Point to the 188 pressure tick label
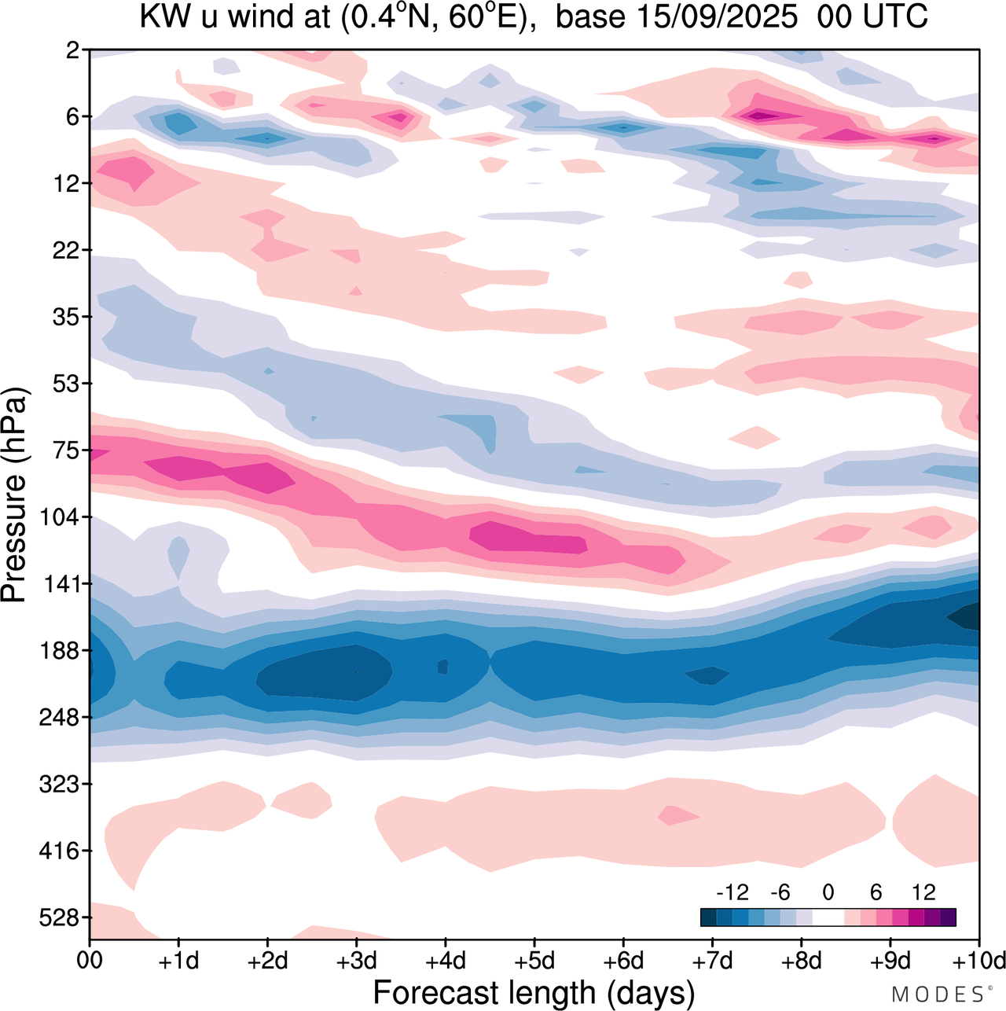click(x=59, y=651)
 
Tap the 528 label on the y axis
click(x=59, y=918)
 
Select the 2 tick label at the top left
click(x=73, y=51)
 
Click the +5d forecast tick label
click(x=534, y=961)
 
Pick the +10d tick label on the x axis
click(x=979, y=961)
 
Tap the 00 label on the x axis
click(x=90, y=961)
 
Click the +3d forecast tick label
click(x=357, y=961)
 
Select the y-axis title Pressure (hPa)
click(x=15, y=495)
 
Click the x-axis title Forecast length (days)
click(x=534, y=992)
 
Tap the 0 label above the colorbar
click(x=828, y=892)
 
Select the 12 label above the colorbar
click(x=923, y=892)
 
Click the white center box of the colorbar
click(x=828, y=917)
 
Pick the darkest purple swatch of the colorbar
click(x=948, y=917)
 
